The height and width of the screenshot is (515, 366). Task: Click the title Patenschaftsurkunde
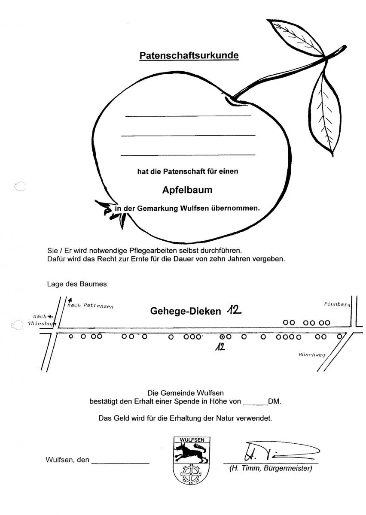pyautogui.click(x=189, y=55)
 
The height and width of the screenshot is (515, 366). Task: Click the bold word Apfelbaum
pyautogui.click(x=187, y=190)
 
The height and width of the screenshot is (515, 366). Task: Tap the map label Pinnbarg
pyautogui.click(x=337, y=304)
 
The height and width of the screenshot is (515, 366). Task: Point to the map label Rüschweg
pyautogui.click(x=312, y=354)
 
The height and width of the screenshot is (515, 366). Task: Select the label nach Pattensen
pyautogui.click(x=90, y=306)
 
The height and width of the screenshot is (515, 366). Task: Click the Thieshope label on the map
pyautogui.click(x=42, y=324)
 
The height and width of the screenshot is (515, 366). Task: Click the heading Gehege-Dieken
pyautogui.click(x=186, y=311)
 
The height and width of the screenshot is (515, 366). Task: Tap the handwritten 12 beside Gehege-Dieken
pyautogui.click(x=234, y=311)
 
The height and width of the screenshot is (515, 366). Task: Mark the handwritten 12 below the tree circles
pyautogui.click(x=220, y=347)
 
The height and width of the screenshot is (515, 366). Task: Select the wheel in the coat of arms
pyautogui.click(x=191, y=474)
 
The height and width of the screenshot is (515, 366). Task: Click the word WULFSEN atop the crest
pyautogui.click(x=192, y=440)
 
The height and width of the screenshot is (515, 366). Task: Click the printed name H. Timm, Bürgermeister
pyautogui.click(x=271, y=468)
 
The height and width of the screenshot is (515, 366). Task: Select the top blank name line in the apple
pyautogui.click(x=188, y=116)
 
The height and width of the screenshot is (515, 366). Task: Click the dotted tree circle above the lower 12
pyautogui.click(x=222, y=337)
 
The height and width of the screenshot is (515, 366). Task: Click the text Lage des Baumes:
pyautogui.click(x=78, y=284)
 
